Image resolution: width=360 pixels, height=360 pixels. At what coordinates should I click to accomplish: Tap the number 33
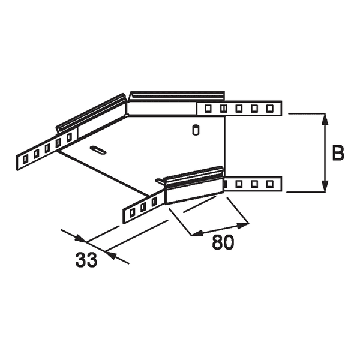pos(88,260)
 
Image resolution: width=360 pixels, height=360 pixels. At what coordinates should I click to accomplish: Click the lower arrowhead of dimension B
pos(325,187)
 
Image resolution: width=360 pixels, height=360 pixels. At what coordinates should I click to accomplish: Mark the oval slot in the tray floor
pos(97,149)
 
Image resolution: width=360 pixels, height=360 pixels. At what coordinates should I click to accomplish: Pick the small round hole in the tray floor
pos(194,129)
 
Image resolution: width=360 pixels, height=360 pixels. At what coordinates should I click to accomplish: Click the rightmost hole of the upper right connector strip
pos(270,109)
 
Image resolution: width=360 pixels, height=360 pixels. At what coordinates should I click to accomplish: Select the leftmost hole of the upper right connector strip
pos(208,109)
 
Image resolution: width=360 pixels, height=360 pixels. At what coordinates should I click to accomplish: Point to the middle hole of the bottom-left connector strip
pos(143,207)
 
